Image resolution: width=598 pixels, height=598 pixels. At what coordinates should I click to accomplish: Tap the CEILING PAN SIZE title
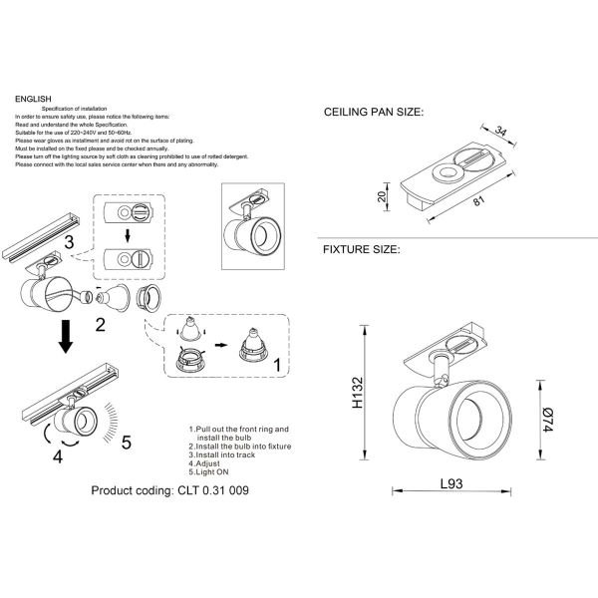[x=374, y=115]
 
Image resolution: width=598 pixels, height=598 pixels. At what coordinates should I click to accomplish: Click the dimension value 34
[x=501, y=130]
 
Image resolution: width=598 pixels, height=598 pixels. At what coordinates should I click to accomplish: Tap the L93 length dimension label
[x=454, y=482]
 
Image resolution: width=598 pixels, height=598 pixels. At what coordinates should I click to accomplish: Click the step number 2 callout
[x=101, y=323]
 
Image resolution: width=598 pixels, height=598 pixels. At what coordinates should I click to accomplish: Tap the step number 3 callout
[x=69, y=242]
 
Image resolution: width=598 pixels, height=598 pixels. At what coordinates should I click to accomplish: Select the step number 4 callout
[x=58, y=457]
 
